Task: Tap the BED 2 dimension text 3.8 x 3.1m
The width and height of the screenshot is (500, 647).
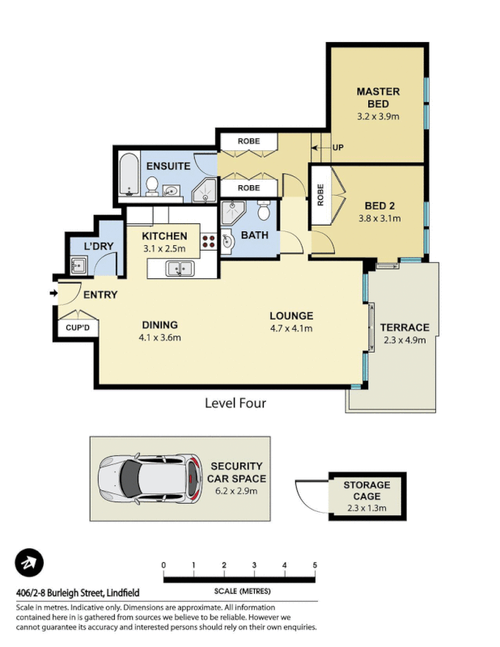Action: (379, 218)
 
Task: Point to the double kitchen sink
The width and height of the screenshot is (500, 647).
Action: (180, 269)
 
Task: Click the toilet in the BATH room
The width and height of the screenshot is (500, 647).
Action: (263, 213)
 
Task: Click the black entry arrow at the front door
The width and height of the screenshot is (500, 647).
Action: (53, 293)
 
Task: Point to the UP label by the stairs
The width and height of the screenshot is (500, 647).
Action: (338, 148)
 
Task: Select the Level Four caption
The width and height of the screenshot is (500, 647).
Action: (235, 403)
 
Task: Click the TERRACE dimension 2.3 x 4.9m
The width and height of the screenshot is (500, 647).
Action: (404, 340)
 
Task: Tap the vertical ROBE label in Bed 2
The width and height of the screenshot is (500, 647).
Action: (320, 196)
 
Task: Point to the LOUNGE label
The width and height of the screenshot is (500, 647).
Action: (291, 315)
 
